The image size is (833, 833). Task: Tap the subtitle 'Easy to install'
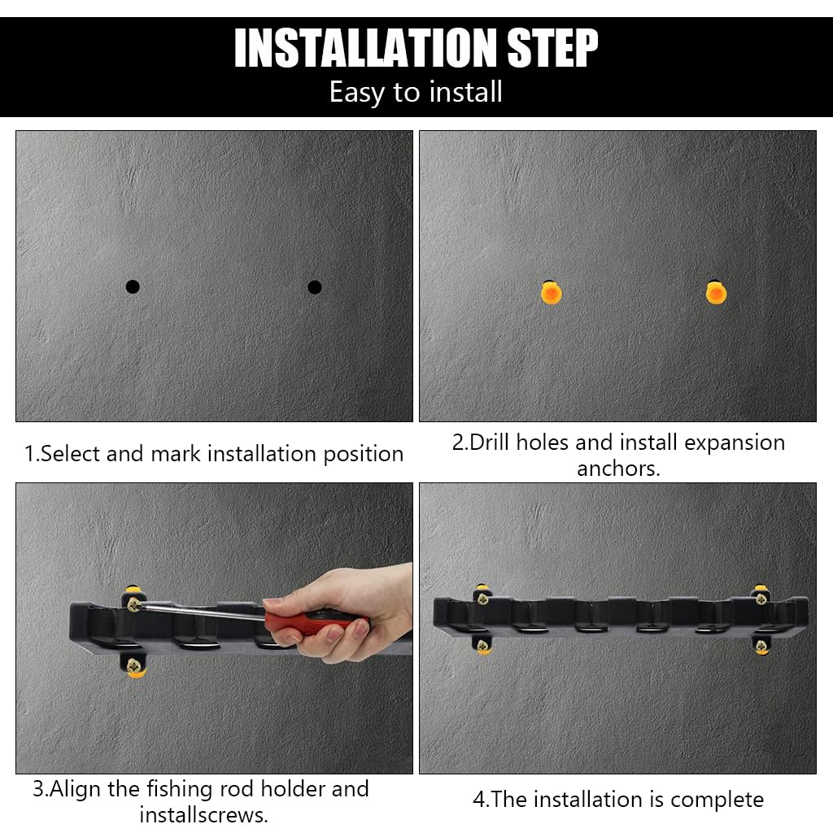pos(416,92)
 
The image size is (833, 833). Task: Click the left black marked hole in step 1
pos(133,286)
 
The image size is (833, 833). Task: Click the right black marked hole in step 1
pos(315,287)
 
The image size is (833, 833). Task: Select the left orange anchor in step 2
pos(551,293)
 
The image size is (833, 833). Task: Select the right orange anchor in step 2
pos(716,293)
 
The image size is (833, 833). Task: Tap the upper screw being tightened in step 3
pos(134,604)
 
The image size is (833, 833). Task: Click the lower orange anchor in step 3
pos(136,669)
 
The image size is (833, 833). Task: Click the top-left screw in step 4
pos(482,600)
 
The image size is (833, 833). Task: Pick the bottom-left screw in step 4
pos(483,647)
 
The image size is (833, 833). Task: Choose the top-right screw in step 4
pos(761,599)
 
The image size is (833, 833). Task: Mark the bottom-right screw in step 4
pos(761,648)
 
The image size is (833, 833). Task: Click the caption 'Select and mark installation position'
pos(214,454)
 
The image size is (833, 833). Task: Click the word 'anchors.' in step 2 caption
pos(618,469)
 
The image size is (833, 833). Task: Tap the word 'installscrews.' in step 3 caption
pos(203,814)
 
